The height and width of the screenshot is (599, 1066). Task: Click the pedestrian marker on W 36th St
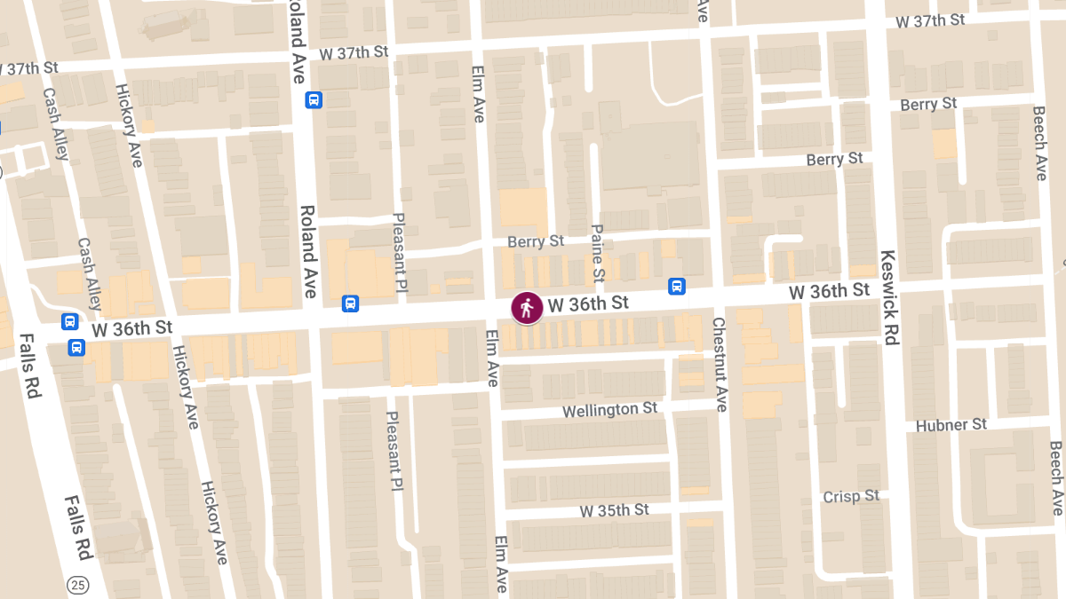point(528,308)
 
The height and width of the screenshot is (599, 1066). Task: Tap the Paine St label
point(598,252)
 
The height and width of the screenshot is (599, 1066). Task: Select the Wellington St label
point(610,410)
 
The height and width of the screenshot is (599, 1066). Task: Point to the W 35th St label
point(614,510)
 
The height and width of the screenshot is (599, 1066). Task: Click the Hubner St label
point(951,425)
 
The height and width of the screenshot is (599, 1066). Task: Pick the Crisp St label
point(850,496)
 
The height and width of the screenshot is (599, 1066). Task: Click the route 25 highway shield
point(77,585)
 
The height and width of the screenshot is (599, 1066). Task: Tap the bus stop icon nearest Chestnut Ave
point(677,287)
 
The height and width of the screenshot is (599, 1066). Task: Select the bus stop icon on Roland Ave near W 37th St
point(314,100)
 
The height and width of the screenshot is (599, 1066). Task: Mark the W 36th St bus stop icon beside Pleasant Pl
point(351,304)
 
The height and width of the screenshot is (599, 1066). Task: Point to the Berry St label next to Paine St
point(536,241)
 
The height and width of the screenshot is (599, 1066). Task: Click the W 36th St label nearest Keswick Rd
point(829,291)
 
